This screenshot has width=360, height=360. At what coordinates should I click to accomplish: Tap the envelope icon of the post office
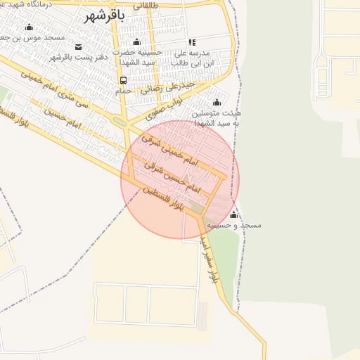tap(77, 46)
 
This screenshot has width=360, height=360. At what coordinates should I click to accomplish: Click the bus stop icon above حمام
tap(124, 80)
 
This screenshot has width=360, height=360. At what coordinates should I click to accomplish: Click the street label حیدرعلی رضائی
tap(162, 88)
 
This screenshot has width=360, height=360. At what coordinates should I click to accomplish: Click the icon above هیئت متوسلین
tap(217, 102)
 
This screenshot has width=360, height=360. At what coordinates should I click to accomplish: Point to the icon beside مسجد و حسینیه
tap(233, 214)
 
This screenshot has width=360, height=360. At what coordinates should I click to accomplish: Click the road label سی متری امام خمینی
tap(50, 92)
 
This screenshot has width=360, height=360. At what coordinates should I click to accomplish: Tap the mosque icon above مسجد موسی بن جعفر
tap(29, 27)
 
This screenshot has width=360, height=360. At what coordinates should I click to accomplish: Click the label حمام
tap(123, 91)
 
